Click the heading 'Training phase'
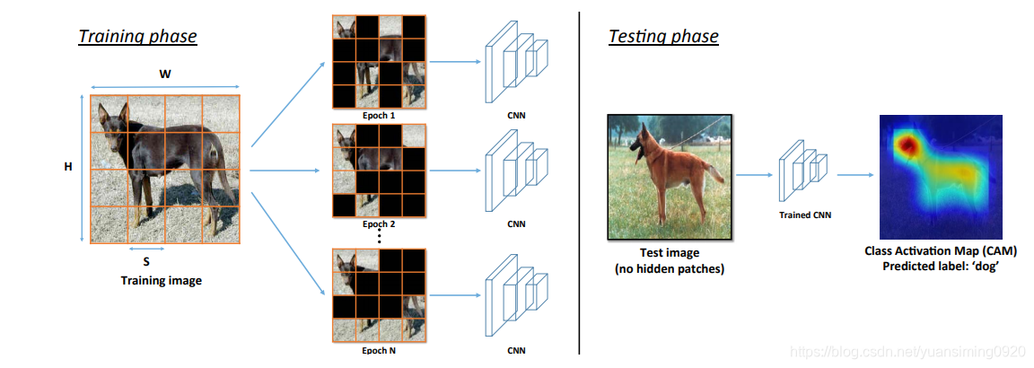click(x=137, y=37)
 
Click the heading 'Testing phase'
click(x=663, y=37)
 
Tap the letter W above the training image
click(x=165, y=74)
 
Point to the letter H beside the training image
click(x=67, y=167)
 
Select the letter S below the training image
click(x=146, y=262)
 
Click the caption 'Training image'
click(x=162, y=280)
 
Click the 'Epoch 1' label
click(x=378, y=116)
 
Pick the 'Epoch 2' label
click(x=378, y=223)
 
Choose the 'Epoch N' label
click(x=378, y=350)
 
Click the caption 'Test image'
click(x=669, y=253)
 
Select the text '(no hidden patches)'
click(x=669, y=268)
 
